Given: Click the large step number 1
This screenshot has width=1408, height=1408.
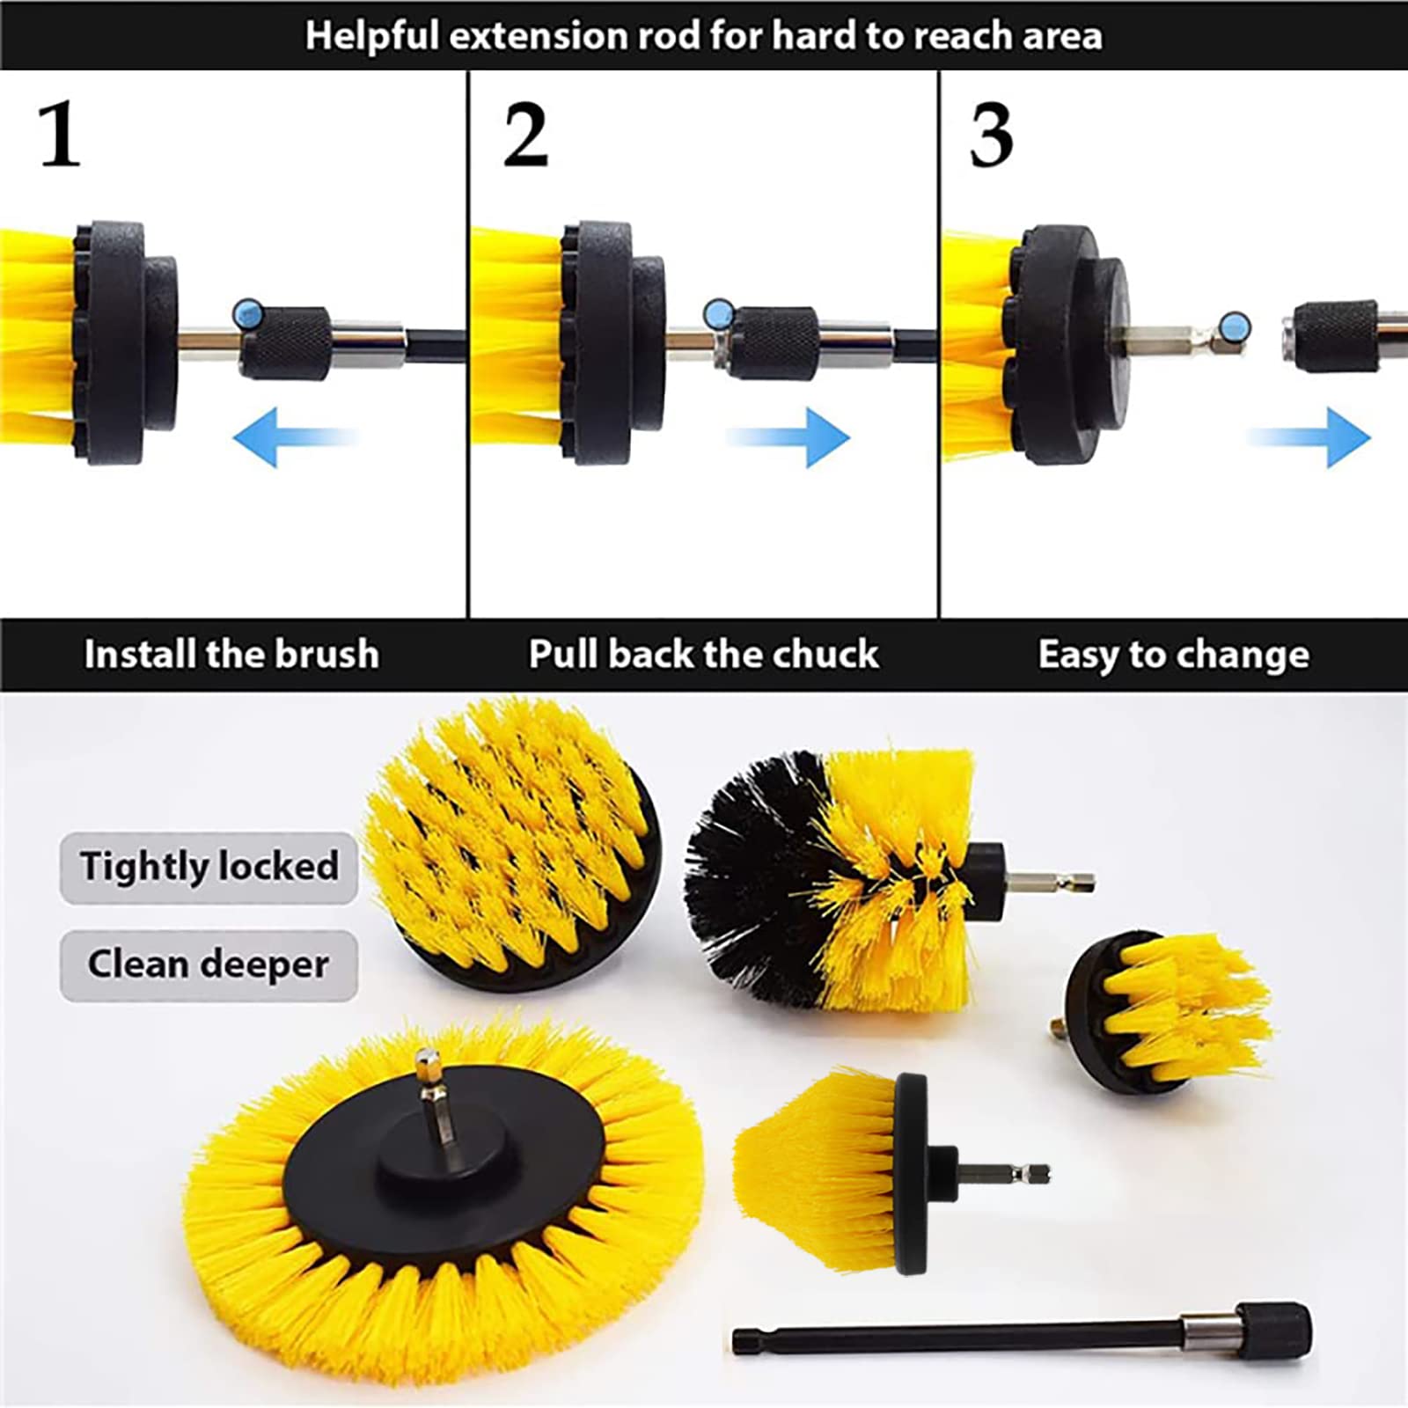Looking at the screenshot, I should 59,134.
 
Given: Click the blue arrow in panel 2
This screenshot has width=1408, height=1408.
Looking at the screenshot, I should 788,436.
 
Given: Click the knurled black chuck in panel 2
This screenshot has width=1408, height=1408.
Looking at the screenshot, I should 774,343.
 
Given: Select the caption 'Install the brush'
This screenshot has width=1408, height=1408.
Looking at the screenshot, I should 231,655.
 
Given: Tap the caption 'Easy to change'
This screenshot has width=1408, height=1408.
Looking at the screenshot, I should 1173,655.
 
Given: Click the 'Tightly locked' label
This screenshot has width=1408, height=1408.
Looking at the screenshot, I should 209,867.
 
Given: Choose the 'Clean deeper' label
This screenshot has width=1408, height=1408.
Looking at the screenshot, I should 209,964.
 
